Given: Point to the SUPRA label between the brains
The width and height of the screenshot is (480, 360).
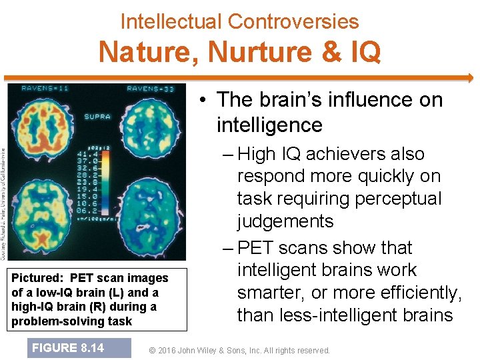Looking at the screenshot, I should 97,117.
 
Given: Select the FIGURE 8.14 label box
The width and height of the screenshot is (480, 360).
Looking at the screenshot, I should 69,348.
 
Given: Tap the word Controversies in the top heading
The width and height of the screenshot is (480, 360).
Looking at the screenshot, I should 293,21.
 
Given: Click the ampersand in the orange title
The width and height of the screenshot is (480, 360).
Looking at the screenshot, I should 328,53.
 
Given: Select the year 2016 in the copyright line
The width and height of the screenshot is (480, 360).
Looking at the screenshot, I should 174,350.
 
